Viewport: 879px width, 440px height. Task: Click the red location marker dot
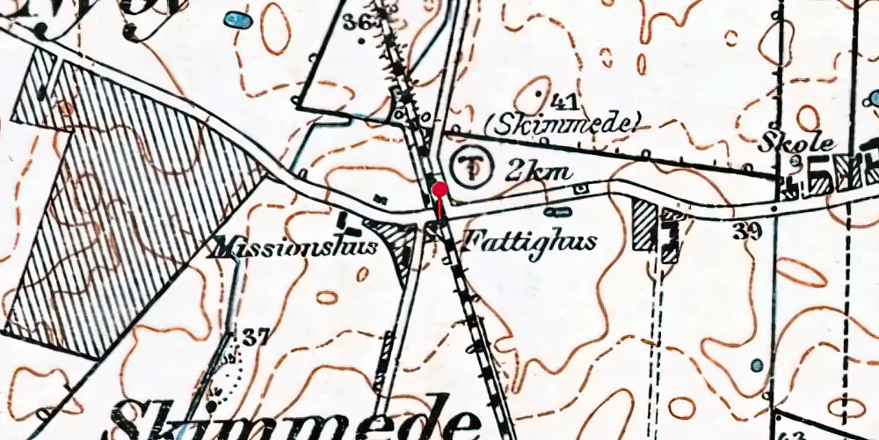tap(439, 189)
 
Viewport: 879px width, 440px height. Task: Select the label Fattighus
tap(528, 239)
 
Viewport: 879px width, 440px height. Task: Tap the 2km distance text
tap(539, 171)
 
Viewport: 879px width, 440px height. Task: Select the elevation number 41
tap(563, 99)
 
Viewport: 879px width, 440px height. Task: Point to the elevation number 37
tap(256, 335)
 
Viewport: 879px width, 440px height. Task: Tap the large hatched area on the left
tap(132, 211)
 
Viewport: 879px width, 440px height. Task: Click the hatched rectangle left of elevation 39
tap(644, 224)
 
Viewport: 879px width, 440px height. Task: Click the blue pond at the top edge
tap(235, 19)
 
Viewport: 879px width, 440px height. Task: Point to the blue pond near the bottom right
tap(757, 364)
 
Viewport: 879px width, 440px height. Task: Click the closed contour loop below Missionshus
tap(326, 297)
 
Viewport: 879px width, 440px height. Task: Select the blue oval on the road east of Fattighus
tap(556, 211)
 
